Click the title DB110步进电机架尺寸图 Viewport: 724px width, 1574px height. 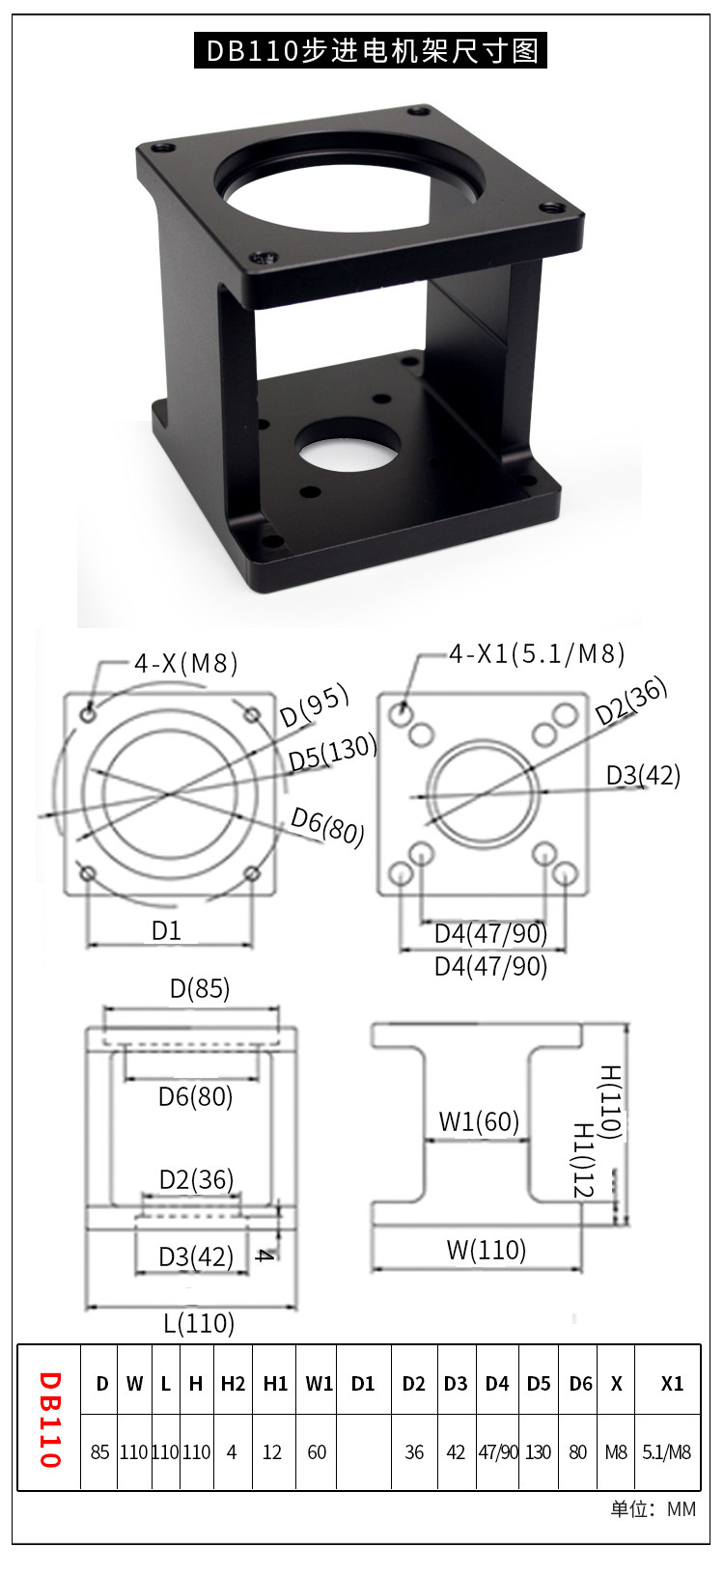click(x=371, y=51)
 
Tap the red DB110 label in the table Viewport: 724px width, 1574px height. click(x=50, y=1420)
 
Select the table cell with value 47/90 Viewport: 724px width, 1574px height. click(x=498, y=1452)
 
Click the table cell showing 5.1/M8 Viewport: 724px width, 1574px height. click(x=666, y=1452)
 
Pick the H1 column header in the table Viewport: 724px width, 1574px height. click(x=275, y=1384)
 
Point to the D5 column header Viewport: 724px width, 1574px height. click(x=539, y=1384)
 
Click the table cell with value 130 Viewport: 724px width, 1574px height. click(x=539, y=1452)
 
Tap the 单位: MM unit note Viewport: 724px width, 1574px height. click(x=653, y=1509)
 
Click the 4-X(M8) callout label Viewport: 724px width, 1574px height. click(x=186, y=663)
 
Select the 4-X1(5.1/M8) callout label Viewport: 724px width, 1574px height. click(x=537, y=654)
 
